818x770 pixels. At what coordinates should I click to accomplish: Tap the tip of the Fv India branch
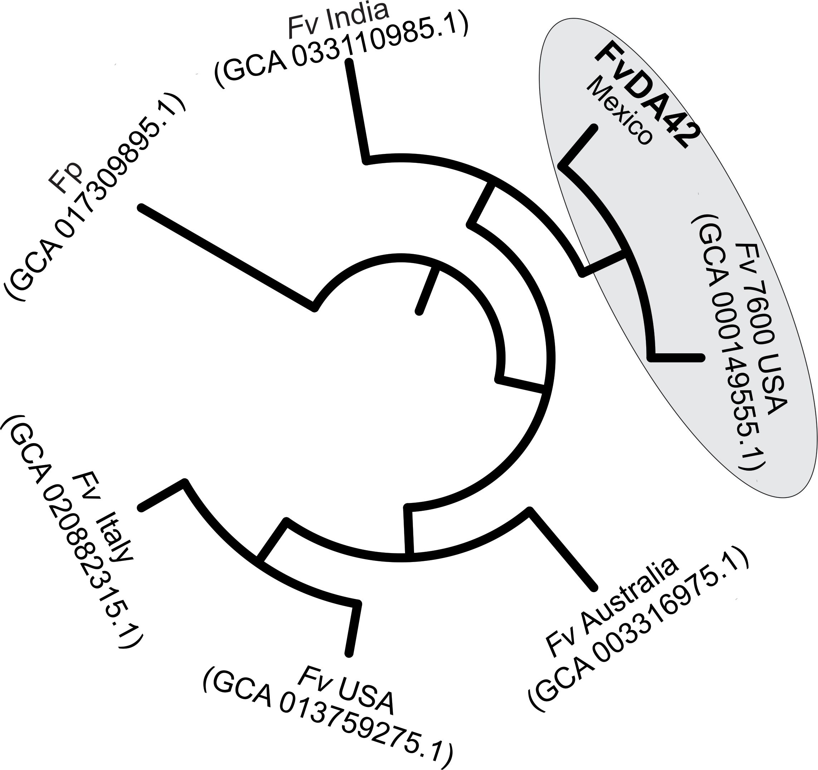(349, 62)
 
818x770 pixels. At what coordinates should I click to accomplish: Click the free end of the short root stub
(419, 312)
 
